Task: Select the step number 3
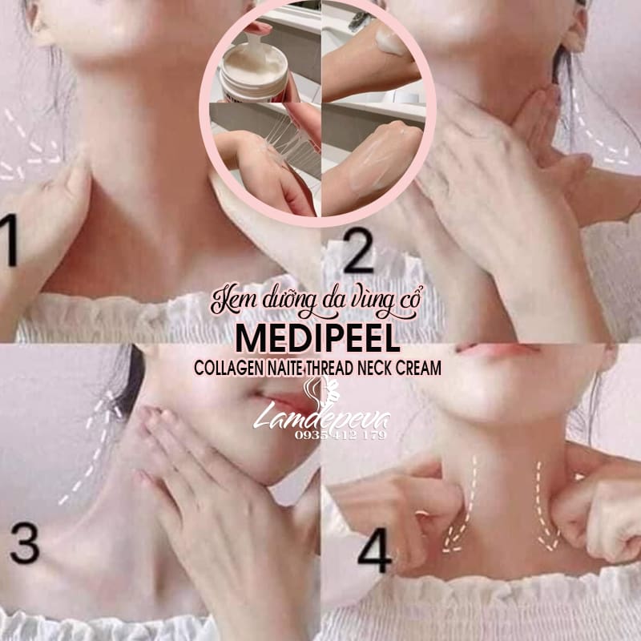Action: (x=25, y=543)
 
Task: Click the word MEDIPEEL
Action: (x=317, y=339)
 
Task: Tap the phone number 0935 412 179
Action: (x=340, y=434)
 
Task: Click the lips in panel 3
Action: (x=282, y=401)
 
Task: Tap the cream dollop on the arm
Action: (x=389, y=42)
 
